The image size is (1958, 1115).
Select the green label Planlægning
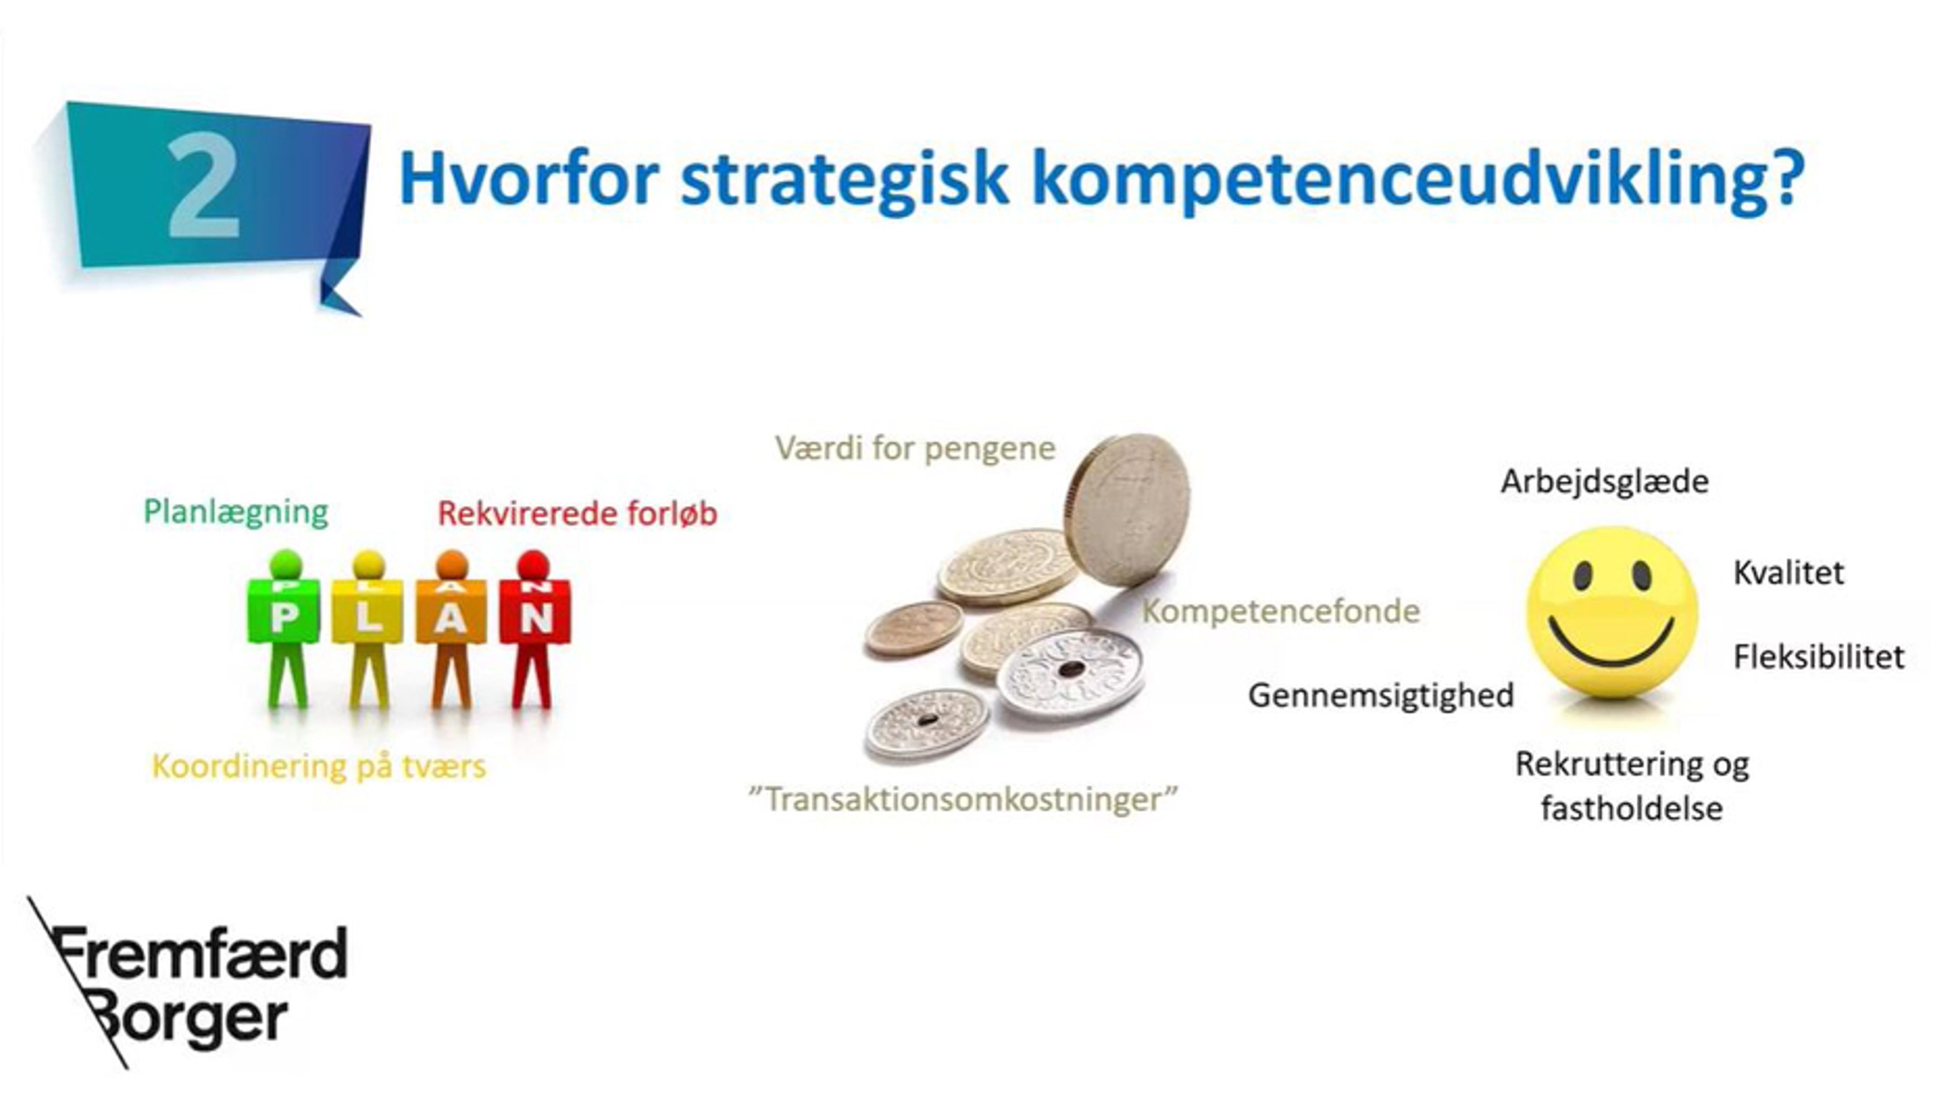point(236,512)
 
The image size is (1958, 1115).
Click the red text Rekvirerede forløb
point(577,514)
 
